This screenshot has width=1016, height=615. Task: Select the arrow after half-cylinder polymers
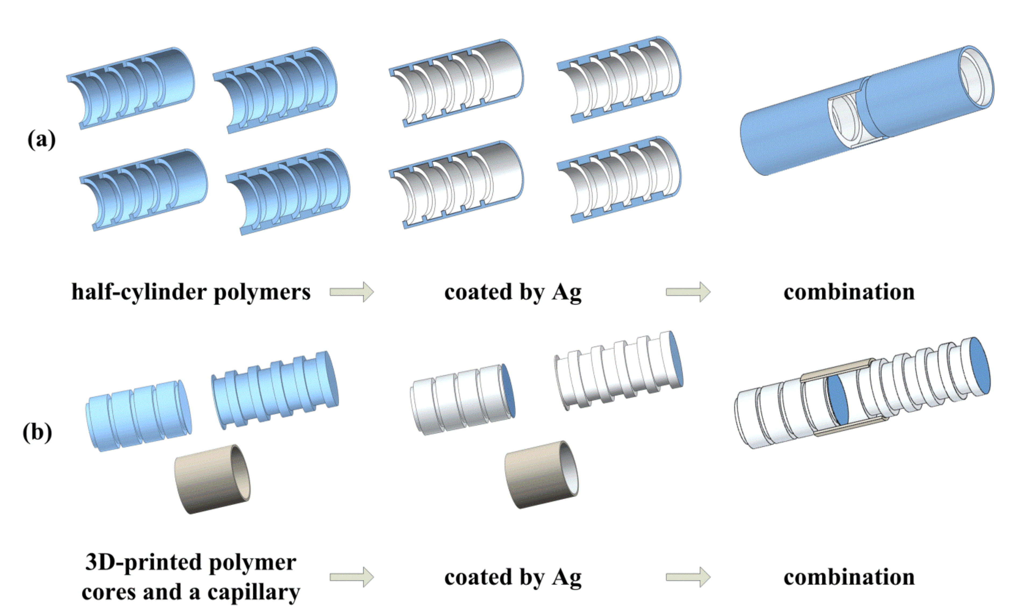click(351, 292)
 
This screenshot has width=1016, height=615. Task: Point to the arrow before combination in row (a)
click(688, 292)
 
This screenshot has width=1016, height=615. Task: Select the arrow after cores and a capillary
click(351, 577)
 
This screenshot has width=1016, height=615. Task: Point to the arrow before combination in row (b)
click(688, 577)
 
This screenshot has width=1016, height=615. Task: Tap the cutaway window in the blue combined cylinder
click(847, 120)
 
